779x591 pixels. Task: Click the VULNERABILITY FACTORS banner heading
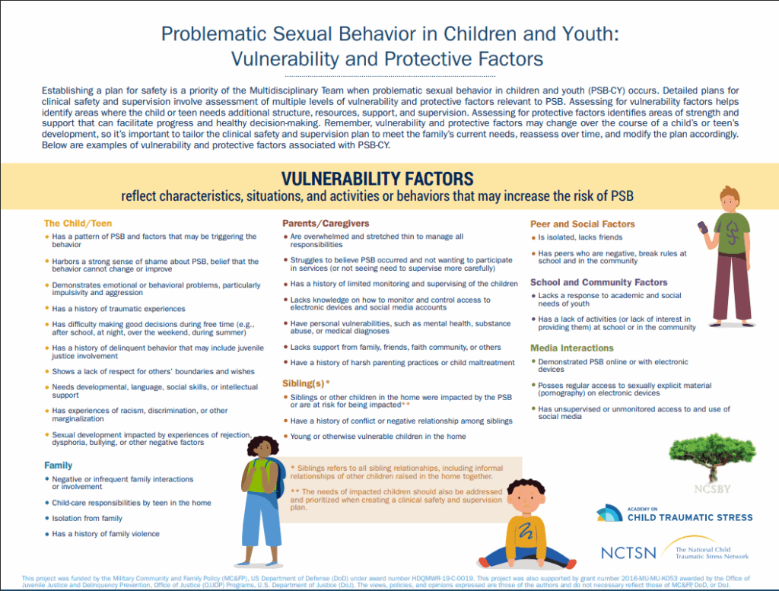click(377, 179)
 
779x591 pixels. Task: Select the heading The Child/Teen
click(78, 224)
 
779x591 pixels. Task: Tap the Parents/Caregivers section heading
click(326, 224)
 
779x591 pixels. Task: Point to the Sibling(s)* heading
click(307, 384)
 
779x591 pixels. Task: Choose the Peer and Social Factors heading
click(582, 224)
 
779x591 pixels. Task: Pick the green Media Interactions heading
click(572, 348)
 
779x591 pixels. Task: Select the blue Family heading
click(58, 465)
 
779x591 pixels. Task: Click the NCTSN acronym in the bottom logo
click(628, 553)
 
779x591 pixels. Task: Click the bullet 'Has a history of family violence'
click(106, 534)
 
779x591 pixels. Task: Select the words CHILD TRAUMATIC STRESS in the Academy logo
click(690, 517)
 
